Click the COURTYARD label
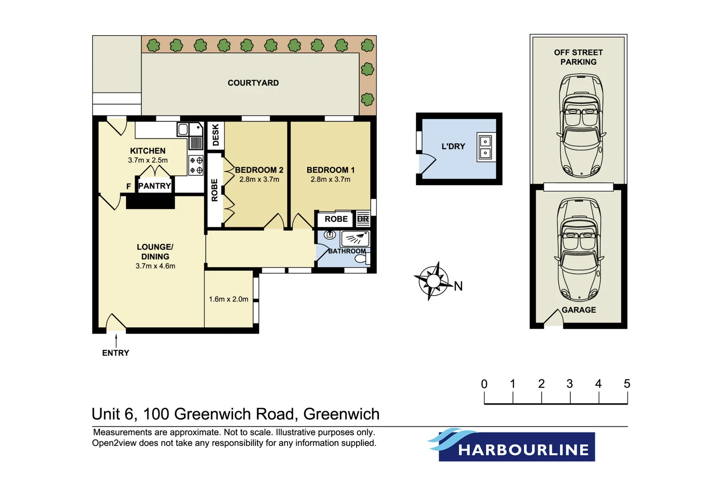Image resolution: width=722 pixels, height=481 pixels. pos(253,83)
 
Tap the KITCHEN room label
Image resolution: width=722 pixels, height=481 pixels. pos(148,151)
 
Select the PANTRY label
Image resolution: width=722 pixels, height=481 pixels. pos(155,186)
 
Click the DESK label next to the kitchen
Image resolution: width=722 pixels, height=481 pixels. pos(216,135)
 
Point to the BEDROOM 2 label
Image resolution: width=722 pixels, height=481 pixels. pos(259,170)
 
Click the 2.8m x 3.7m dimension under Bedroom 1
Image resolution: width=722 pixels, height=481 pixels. pos(330,179)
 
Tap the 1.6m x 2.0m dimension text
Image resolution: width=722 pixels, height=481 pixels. pos(229,299)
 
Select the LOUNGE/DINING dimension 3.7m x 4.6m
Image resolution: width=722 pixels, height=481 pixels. pos(155,266)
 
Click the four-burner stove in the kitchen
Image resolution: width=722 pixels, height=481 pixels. pos(196,165)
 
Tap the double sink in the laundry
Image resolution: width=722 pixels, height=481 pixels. pos(485,147)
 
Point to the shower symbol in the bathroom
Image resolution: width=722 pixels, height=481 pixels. pos(355,239)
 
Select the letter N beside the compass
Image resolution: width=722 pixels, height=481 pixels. pos(458,286)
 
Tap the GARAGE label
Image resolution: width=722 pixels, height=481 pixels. pos(578,310)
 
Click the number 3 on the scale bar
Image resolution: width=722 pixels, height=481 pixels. pos(570,384)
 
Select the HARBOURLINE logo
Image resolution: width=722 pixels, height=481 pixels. pos(517,446)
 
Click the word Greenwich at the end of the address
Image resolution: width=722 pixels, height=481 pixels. pos(341,414)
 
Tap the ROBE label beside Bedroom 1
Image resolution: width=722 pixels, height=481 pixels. pos(336,219)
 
